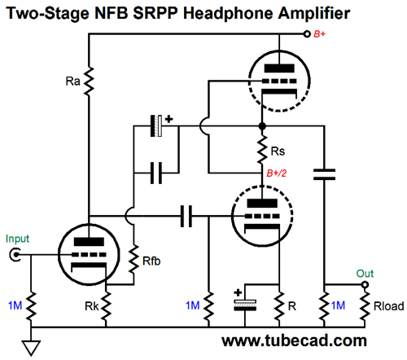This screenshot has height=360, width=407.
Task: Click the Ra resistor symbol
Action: click(89, 81)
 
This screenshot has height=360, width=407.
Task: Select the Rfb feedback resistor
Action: click(133, 259)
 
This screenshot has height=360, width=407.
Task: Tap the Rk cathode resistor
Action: click(106, 306)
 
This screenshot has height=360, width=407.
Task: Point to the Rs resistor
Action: click(262, 150)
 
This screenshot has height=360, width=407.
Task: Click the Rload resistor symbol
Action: click(365, 306)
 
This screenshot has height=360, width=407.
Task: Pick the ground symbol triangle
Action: click(31, 348)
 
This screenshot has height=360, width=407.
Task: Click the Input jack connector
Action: click(15, 255)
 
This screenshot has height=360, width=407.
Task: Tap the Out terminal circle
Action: click(365, 285)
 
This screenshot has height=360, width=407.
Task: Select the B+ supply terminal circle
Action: click(307, 34)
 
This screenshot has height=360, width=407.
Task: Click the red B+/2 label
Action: click(277, 173)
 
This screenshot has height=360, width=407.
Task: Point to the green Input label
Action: click(17, 239)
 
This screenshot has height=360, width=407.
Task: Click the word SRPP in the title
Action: click(155, 13)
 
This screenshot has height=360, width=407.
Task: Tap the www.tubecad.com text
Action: click(294, 340)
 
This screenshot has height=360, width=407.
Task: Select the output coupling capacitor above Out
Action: click(324, 174)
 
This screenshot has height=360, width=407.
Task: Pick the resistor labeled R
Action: click(279, 306)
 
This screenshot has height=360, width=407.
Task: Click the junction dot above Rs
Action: click(262, 126)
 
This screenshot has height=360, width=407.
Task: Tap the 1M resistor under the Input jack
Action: click(31, 306)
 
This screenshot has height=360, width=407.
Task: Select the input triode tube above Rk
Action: click(89, 255)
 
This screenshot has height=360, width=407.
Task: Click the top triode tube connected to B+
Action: click(279, 81)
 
